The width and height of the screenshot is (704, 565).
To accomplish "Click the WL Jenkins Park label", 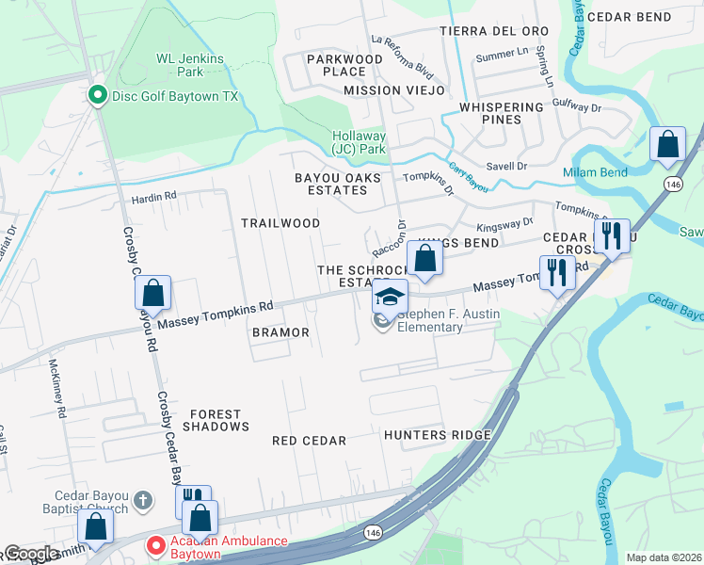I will [x=190, y=65].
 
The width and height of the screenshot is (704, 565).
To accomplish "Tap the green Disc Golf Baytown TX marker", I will [x=95, y=96].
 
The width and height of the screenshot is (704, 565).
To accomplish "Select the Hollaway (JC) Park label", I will [x=359, y=142].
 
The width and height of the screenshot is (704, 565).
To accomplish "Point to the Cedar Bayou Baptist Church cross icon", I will [x=142, y=499].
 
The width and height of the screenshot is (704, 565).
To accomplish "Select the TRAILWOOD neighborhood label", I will [x=280, y=223].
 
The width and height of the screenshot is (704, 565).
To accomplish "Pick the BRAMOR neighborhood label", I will [x=280, y=333].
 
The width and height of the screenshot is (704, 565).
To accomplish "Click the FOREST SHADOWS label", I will [x=216, y=420].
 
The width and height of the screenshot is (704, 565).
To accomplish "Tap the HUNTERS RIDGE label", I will [x=437, y=435].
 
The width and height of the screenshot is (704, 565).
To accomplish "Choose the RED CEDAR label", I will [x=309, y=441].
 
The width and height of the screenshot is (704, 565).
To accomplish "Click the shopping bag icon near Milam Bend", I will [x=667, y=146].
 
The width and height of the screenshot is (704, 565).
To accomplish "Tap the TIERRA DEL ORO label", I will [x=494, y=31].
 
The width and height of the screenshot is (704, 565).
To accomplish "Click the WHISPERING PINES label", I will [x=503, y=113].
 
